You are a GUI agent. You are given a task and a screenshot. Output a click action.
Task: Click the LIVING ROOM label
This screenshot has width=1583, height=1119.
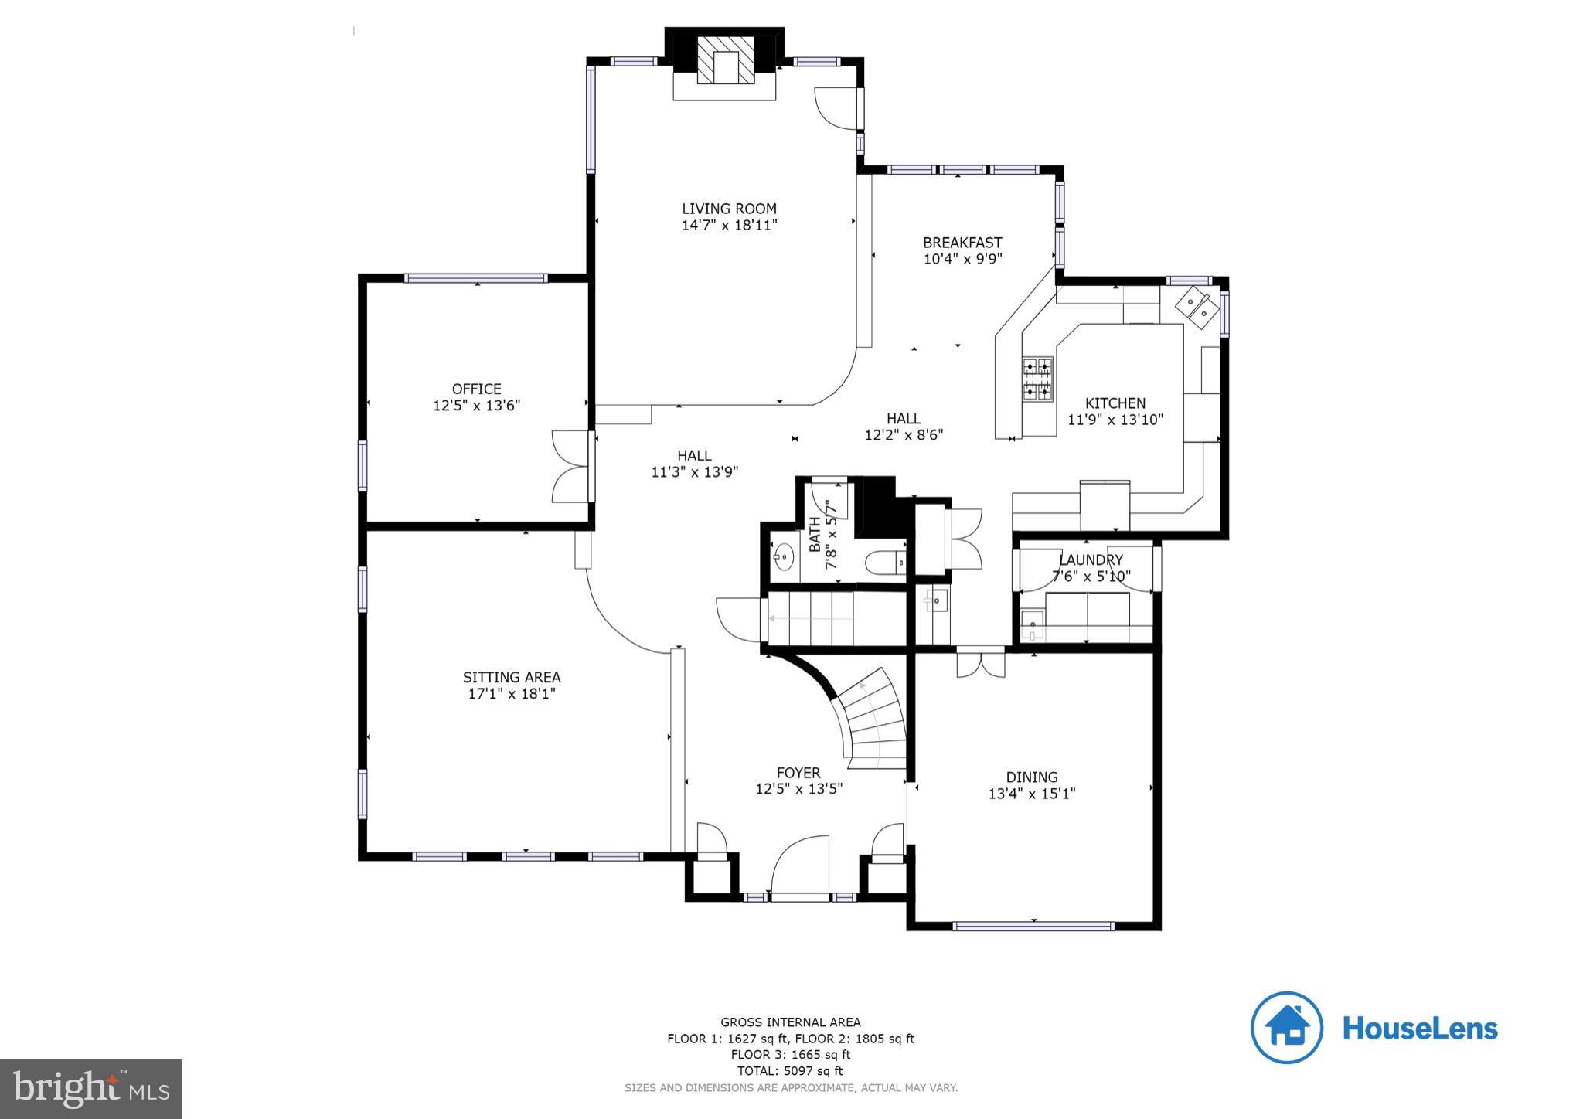pos(729,209)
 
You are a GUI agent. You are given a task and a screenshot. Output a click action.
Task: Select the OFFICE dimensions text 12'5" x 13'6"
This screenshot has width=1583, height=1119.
pos(476,406)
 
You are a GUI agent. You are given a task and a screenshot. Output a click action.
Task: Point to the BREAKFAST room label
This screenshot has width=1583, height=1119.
pos(962,243)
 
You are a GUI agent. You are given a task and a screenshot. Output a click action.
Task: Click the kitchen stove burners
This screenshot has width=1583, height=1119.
pos(1037,379)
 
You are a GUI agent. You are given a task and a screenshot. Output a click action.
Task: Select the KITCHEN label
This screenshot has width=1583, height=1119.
pos(1115,403)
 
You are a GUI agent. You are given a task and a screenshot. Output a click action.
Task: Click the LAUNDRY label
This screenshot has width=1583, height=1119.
pos(1091,559)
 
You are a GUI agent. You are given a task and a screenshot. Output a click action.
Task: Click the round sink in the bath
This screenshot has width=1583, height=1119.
pos(784,556)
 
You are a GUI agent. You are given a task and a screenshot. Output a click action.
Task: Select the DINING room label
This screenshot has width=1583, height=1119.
pos(1031,777)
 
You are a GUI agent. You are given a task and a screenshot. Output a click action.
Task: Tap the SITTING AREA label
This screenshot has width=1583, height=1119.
pos(512,677)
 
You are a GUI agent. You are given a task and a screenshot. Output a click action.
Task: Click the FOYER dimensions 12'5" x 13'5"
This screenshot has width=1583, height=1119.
pos(798,789)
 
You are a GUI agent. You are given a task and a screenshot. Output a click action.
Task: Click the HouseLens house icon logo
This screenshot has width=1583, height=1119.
pos(1286,1027)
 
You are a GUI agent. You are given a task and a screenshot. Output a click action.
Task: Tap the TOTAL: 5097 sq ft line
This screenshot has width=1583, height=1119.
pos(790,1071)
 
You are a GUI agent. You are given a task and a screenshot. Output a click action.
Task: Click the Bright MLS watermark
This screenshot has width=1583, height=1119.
pos(91,1089)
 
